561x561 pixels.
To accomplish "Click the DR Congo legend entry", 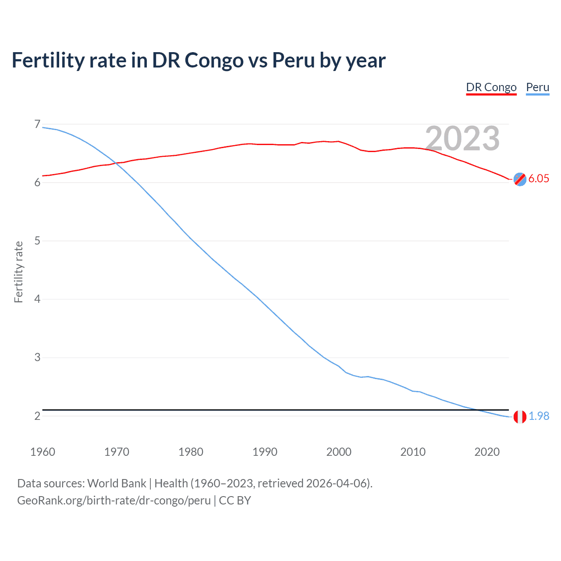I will click(x=491, y=87).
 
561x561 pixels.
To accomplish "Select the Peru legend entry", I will click(x=537, y=87).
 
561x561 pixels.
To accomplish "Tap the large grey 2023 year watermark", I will click(x=462, y=138).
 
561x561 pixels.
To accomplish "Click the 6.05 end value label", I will click(x=539, y=178).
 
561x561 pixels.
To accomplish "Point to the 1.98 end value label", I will click(x=539, y=416).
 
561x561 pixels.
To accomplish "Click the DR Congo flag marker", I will click(x=520, y=179).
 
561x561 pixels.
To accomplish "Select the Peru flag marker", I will click(x=520, y=417).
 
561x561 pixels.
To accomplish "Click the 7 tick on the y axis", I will click(x=37, y=124).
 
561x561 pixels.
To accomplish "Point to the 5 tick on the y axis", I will click(x=37, y=241).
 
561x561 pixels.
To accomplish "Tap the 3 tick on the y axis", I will click(x=37, y=357).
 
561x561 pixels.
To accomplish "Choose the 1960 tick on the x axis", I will click(x=43, y=452).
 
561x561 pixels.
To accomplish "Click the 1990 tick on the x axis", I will click(x=265, y=452).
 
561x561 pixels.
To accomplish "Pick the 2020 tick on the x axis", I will click(x=487, y=452).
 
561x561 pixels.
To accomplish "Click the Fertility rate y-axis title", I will click(x=18, y=272).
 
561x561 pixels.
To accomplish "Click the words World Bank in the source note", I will click(x=117, y=483).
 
